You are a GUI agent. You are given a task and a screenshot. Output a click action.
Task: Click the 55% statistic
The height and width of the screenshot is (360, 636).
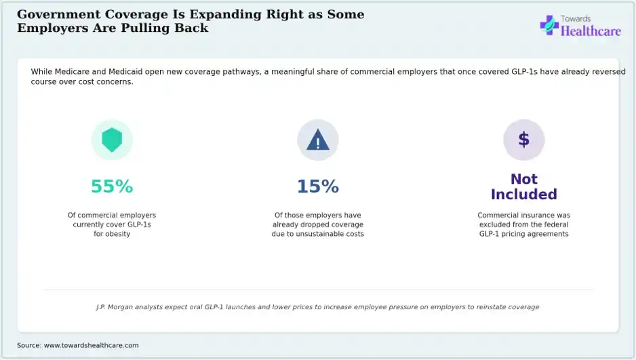[112, 186]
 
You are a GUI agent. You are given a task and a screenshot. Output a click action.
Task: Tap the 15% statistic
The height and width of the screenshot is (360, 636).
[318, 186]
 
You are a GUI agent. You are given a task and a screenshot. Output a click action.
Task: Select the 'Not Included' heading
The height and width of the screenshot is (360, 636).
[524, 186]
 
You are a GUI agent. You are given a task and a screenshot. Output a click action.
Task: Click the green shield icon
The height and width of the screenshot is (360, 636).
[112, 140]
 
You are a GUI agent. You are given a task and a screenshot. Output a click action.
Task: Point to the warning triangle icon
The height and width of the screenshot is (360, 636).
[318, 140]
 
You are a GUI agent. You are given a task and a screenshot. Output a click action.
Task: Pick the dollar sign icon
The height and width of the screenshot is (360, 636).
[524, 140]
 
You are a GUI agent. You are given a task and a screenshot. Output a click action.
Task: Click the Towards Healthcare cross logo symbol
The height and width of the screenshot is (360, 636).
[549, 25]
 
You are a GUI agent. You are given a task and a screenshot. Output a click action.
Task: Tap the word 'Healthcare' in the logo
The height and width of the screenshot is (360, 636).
[591, 31]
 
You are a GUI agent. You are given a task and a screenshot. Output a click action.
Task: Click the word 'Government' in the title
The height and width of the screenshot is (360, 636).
[59, 14]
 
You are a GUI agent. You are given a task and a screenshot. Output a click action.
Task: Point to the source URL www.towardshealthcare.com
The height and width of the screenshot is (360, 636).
[92, 345]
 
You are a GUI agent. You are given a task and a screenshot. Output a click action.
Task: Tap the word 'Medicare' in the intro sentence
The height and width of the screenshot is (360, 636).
[72, 72]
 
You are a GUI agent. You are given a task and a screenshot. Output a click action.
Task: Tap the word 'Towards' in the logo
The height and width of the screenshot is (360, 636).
[576, 19]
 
